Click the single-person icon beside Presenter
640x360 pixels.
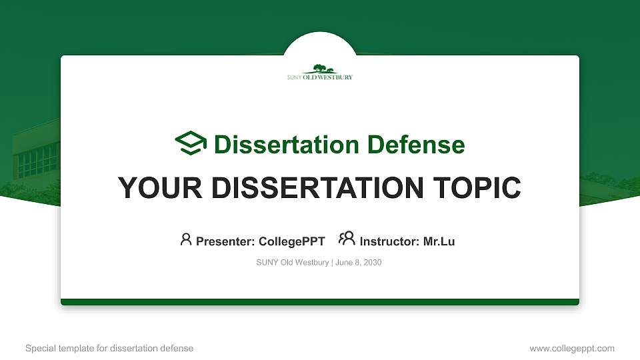tap(186, 239)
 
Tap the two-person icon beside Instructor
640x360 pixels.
tap(347, 239)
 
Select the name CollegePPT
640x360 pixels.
tap(291, 241)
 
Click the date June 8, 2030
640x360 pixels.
tap(359, 263)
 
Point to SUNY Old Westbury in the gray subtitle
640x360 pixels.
tap(292, 263)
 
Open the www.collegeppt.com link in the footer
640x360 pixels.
tap(571, 348)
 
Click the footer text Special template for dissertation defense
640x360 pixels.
tap(109, 348)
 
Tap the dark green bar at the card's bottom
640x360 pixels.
tap(320, 302)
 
